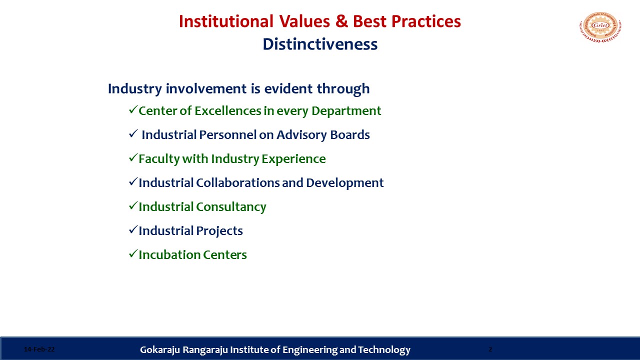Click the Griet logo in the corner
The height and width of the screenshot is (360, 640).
click(x=600, y=27)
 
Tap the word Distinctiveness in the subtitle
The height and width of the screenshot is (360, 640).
click(x=320, y=44)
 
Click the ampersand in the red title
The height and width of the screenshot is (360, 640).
click(x=341, y=21)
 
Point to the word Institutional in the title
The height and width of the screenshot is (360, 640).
click(x=226, y=21)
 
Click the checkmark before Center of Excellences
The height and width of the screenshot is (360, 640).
click(x=133, y=109)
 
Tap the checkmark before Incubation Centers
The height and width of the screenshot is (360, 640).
click(x=133, y=253)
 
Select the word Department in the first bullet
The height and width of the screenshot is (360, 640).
click(x=346, y=111)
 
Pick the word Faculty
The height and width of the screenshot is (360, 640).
click(x=159, y=159)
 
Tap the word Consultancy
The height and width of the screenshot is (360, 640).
click(x=231, y=207)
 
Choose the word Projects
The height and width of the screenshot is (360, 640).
click(x=219, y=231)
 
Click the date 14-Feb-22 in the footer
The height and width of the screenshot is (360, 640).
click(x=39, y=349)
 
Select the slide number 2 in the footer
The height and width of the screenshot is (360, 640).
click(x=490, y=349)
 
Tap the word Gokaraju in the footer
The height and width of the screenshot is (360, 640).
click(x=160, y=349)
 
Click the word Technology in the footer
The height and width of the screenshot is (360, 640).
click(x=384, y=350)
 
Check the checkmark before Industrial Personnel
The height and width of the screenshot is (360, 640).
click(x=133, y=133)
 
